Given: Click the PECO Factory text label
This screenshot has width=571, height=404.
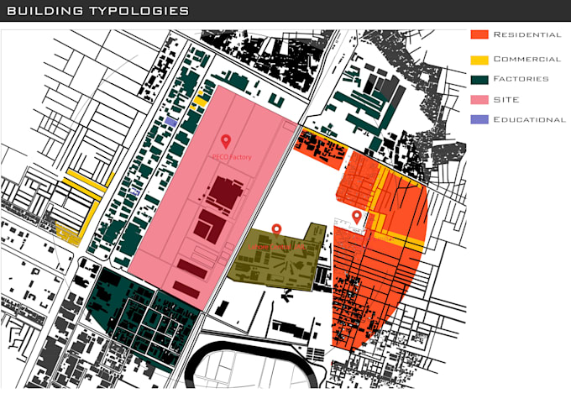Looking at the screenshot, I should point(232,156).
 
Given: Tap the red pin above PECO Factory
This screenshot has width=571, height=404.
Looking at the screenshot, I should point(225,142).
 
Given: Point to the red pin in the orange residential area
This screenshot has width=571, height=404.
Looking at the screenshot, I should point(357,217).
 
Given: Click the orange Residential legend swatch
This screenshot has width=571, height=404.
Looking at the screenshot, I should point(479,35).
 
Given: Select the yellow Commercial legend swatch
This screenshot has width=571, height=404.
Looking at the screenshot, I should point(479,60).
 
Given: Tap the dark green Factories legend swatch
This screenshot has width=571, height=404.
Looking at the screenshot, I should point(479,79).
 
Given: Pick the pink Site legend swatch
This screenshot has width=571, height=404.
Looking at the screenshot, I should point(479,99).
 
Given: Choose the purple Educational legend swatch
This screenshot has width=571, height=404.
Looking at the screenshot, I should point(479,119).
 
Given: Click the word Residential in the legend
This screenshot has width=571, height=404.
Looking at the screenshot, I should point(526,35).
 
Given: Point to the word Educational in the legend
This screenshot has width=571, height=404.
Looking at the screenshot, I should point(529,119).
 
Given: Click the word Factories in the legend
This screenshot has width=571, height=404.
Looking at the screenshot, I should point(521,79).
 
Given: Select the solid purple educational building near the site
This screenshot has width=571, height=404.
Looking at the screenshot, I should point(170,122).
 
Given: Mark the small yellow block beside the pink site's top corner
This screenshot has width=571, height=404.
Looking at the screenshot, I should point(201,101).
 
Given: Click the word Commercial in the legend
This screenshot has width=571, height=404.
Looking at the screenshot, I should point(526,60).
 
